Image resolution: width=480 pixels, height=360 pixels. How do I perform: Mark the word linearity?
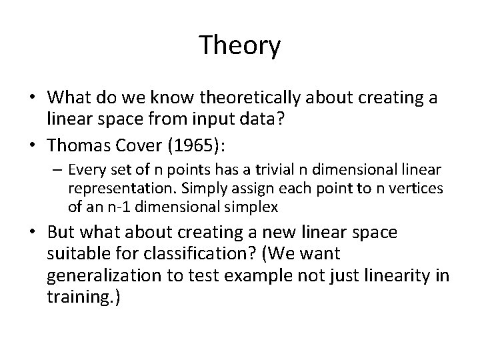pos(387,275)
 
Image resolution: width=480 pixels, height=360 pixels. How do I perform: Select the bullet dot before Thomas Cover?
pos(33,141)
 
